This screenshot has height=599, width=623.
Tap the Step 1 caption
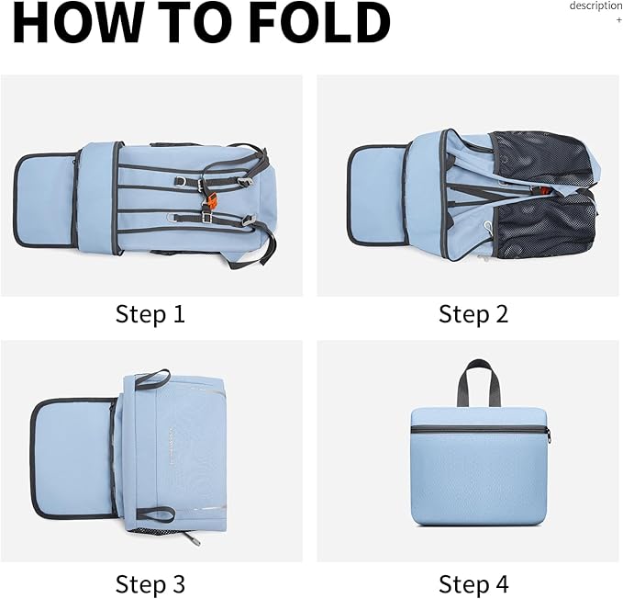point(150,314)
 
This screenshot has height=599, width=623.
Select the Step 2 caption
point(473,314)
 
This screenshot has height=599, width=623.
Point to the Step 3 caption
point(150,583)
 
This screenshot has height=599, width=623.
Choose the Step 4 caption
point(473,583)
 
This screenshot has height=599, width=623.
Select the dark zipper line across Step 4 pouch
point(479,429)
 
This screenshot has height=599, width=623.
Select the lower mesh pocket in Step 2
point(546,225)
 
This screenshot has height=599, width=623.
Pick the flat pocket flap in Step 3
point(72,458)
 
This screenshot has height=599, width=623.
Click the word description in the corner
point(595,6)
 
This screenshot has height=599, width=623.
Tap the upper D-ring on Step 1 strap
point(180,181)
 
